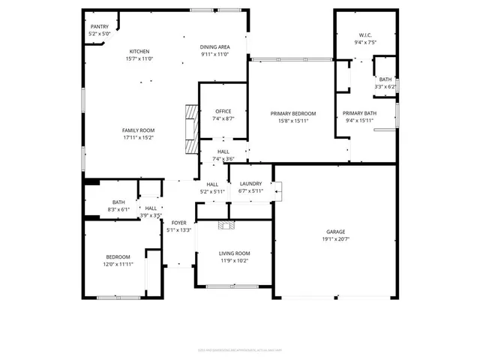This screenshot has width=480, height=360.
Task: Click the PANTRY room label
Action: [x=99, y=26]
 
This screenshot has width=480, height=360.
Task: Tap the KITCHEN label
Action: [x=139, y=51]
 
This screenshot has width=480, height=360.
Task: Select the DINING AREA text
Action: [x=214, y=46]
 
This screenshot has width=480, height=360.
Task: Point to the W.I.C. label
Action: [x=365, y=34]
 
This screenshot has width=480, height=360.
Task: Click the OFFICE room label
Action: [x=223, y=111]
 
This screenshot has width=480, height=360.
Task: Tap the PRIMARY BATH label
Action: [x=360, y=113]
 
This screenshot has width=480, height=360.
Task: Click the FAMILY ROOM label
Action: [x=139, y=130]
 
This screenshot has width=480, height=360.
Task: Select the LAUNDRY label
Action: [x=250, y=184]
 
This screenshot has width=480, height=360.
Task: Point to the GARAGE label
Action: [x=335, y=231]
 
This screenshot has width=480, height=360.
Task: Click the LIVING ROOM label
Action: [x=234, y=253]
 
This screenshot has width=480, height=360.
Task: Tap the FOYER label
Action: [x=178, y=223]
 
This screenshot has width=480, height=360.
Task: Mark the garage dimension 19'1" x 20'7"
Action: [x=335, y=238]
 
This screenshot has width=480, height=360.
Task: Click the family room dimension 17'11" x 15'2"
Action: [x=139, y=138]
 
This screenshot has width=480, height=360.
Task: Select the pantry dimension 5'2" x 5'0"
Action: [x=99, y=34]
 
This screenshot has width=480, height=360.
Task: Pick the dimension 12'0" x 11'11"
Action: [x=118, y=264]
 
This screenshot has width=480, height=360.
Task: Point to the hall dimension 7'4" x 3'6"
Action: [x=223, y=159]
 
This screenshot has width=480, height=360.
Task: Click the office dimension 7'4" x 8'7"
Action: [x=223, y=118]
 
